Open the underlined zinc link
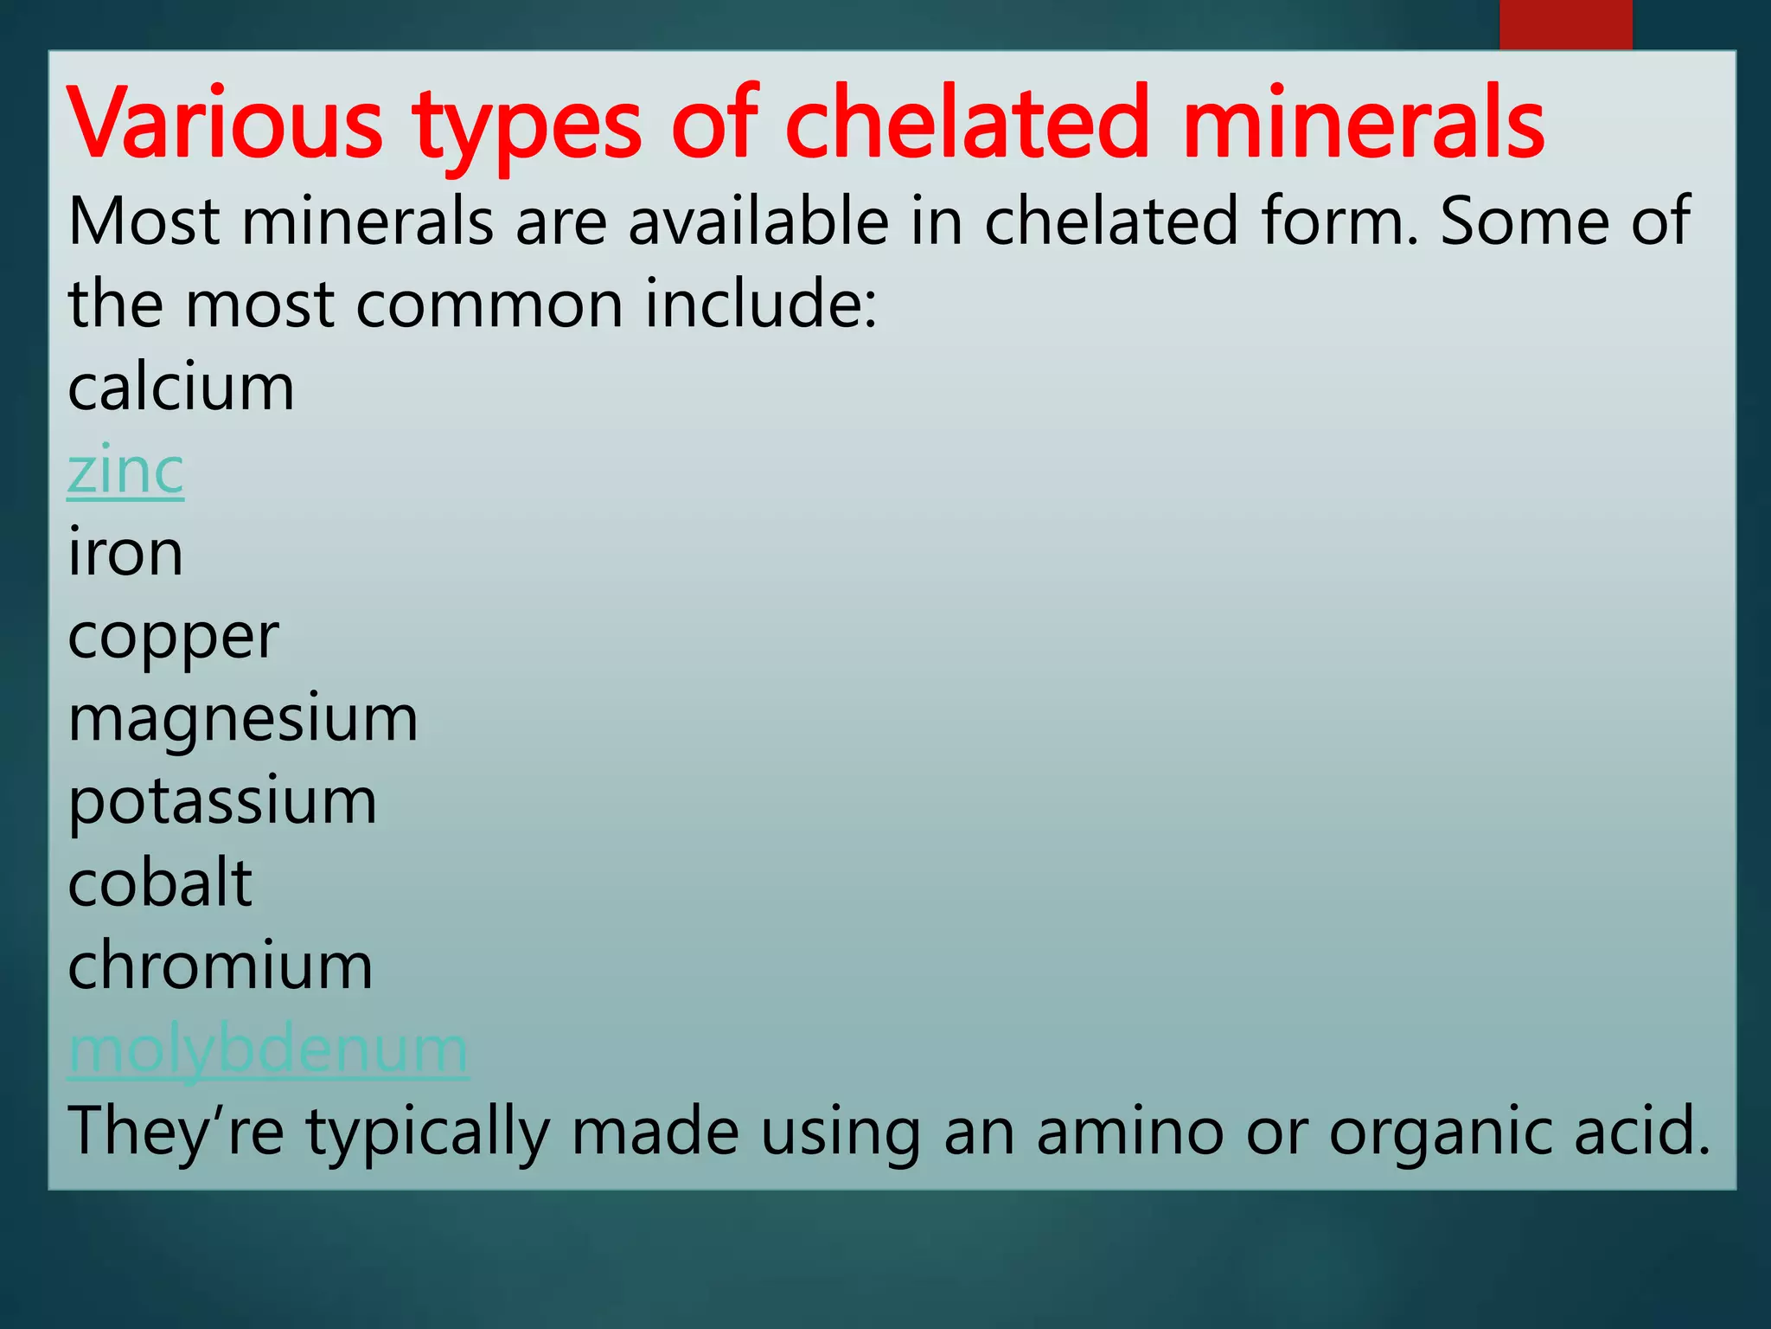[125, 471]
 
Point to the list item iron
[125, 553]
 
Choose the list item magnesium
[243, 719]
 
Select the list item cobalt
[160, 883]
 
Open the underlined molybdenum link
[268, 1050]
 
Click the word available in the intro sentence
[758, 221]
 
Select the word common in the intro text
[489, 305]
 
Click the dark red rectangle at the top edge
[1565, 24]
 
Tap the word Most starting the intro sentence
[144, 221]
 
